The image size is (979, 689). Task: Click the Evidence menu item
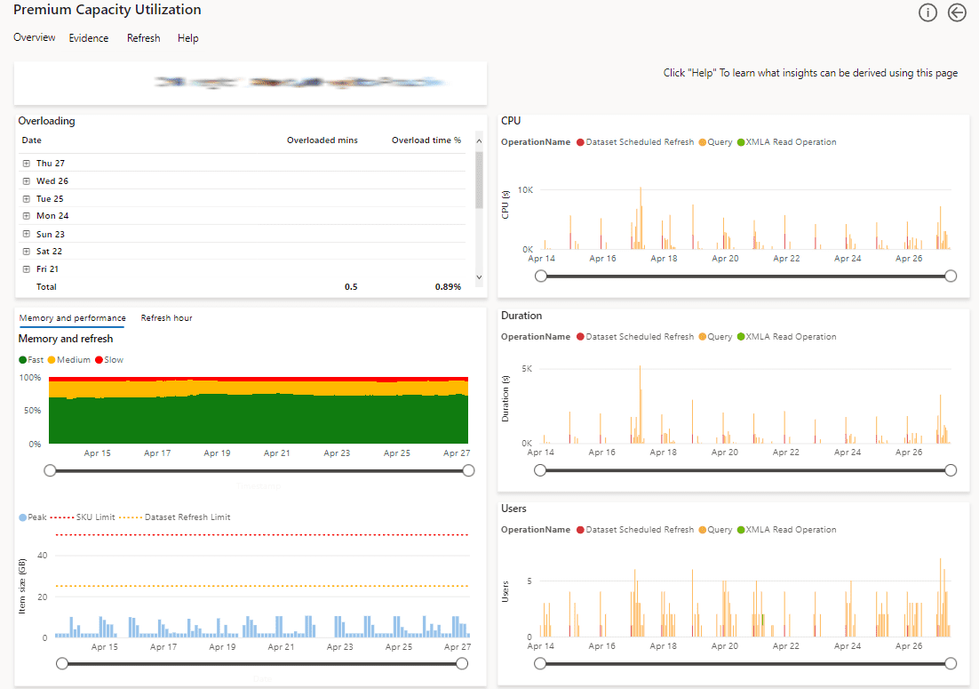tap(89, 38)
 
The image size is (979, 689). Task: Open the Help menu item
tap(187, 38)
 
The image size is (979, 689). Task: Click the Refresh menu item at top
tap(143, 38)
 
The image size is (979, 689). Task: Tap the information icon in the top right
tap(927, 12)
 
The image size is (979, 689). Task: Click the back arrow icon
tap(957, 12)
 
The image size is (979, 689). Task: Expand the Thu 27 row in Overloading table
tap(27, 164)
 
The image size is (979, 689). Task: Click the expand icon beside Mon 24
tap(27, 216)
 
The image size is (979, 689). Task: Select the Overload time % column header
tap(426, 140)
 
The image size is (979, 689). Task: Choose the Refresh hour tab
tap(166, 318)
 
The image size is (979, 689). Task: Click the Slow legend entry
tap(109, 360)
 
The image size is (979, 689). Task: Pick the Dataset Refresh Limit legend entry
tap(182, 517)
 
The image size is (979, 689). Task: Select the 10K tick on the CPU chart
tap(525, 190)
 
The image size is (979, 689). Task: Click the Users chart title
tap(513, 509)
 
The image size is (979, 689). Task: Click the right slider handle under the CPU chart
tap(951, 276)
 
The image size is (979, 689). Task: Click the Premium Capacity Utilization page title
tap(107, 11)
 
